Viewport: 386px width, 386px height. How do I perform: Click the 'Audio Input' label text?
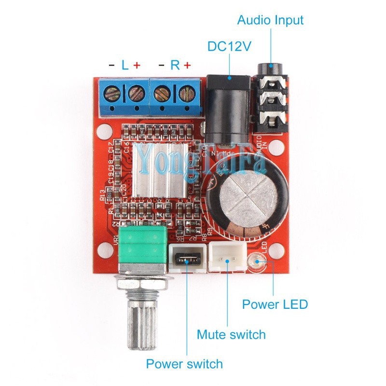tap(270, 20)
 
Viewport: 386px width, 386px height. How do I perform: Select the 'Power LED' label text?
tap(275, 304)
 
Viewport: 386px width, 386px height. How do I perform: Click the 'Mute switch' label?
tap(231, 334)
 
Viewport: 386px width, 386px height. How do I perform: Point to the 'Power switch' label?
tap(184, 363)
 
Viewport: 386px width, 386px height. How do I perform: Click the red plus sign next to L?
tap(137, 65)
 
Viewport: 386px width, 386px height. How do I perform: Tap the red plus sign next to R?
tap(187, 65)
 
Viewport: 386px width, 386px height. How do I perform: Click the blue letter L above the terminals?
tap(125, 65)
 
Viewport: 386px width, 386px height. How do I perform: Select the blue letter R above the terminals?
tap(175, 65)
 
